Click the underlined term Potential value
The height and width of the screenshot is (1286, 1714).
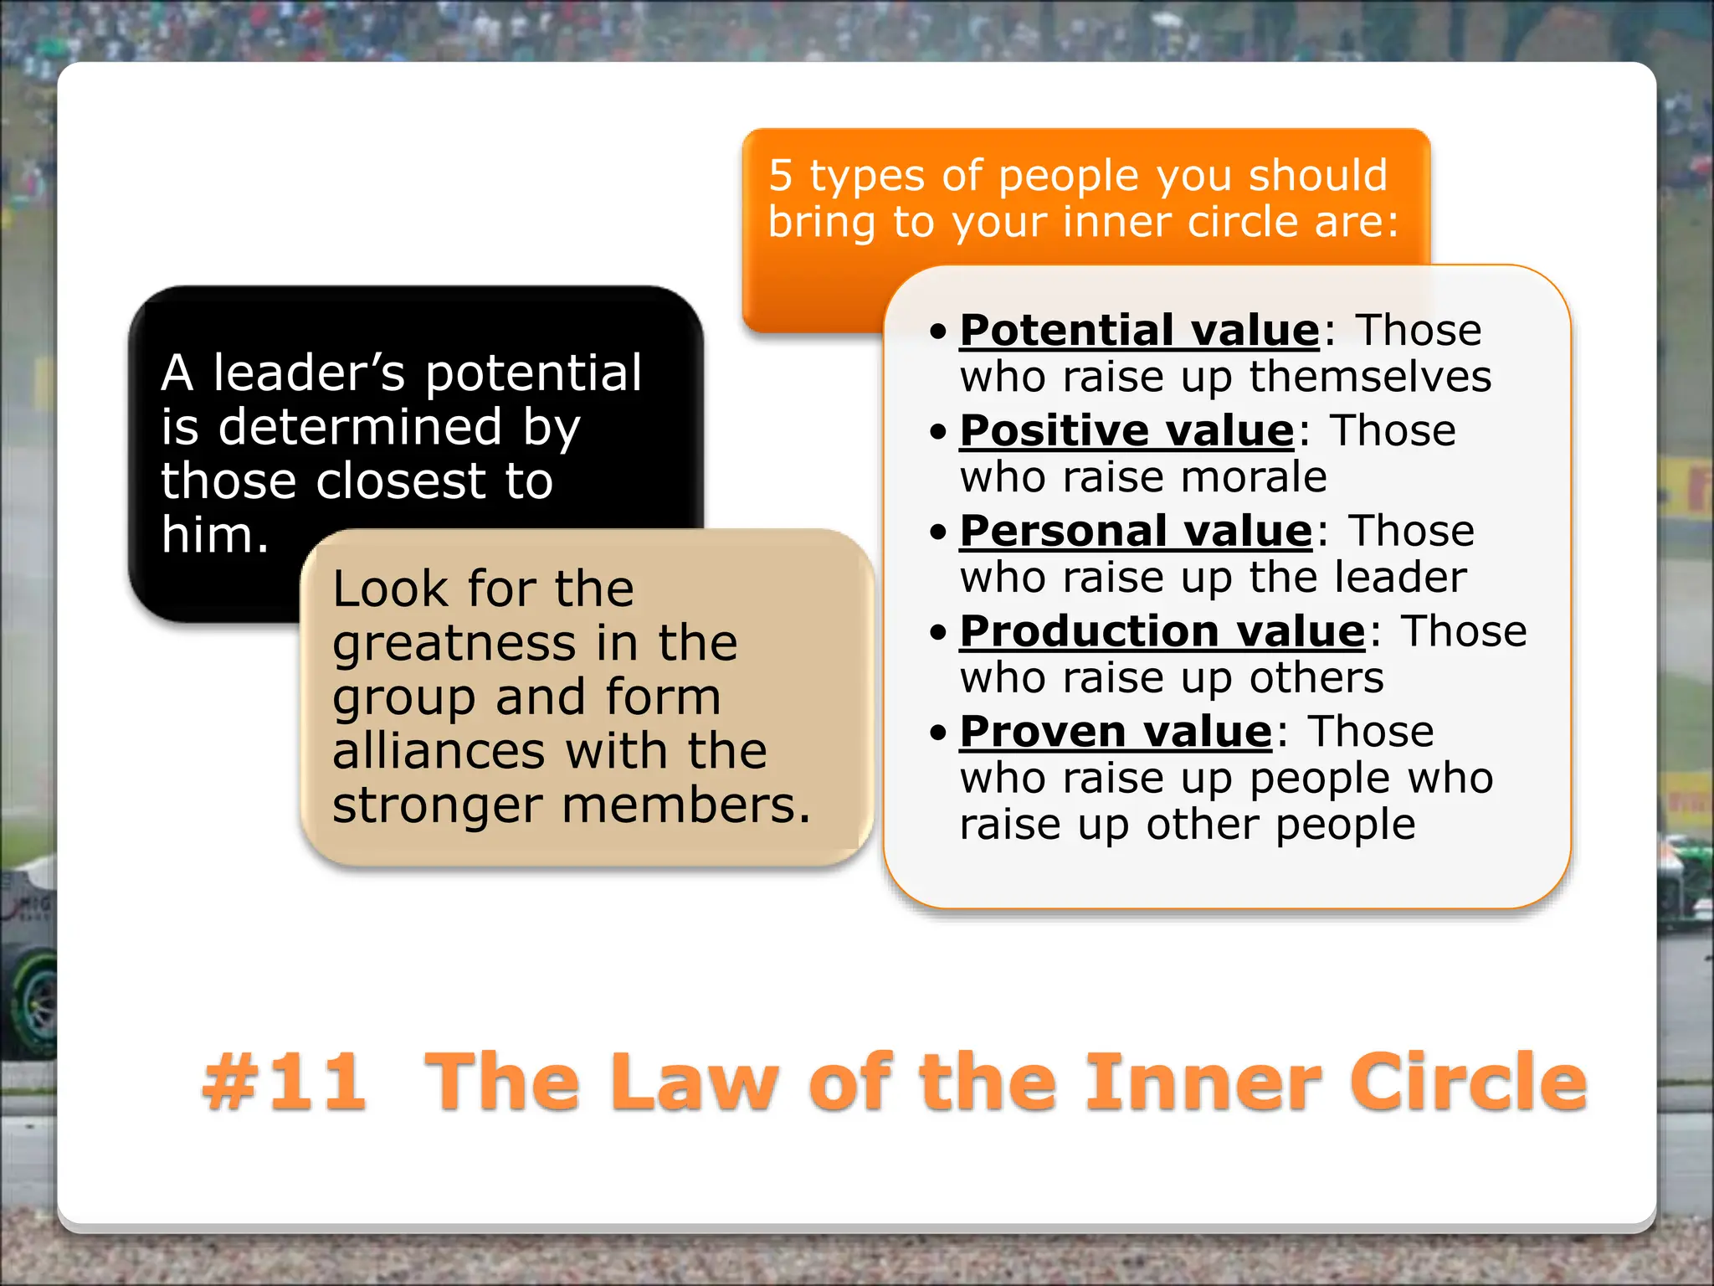(x=1139, y=330)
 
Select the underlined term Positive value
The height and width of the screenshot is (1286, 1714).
(x=1126, y=430)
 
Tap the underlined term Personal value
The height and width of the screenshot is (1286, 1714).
(x=1136, y=531)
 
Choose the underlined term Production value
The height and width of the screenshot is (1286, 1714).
(x=1162, y=631)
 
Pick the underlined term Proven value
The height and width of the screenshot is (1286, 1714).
(x=1116, y=732)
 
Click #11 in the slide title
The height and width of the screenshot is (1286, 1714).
(x=285, y=1082)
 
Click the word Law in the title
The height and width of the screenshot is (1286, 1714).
(x=693, y=1082)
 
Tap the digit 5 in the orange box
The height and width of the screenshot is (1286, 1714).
(x=780, y=176)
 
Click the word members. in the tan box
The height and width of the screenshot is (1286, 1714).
(x=686, y=805)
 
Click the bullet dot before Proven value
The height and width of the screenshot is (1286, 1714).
(x=938, y=733)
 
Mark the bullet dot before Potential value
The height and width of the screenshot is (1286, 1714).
(x=938, y=332)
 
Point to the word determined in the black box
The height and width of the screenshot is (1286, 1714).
(x=360, y=427)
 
